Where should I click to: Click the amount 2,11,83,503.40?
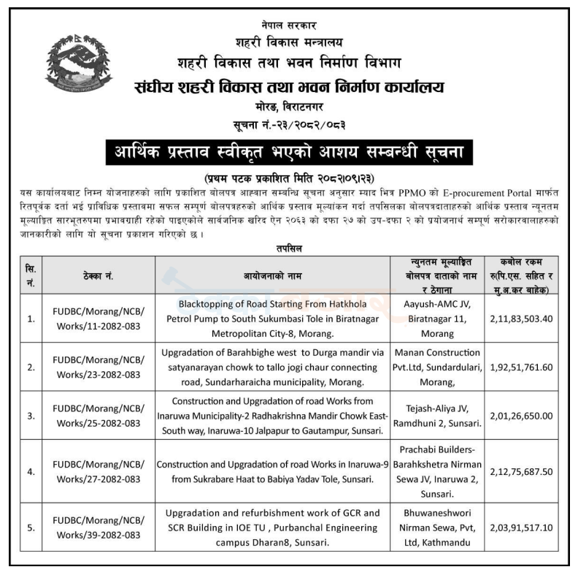522,319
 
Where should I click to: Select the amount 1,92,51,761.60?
522,367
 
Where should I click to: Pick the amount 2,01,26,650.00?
522,415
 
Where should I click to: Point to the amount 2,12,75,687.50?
522,471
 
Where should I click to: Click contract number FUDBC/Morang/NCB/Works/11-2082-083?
99,319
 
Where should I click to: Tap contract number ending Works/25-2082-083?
99,415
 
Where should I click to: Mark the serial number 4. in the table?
31,472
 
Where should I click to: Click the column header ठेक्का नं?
99,276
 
